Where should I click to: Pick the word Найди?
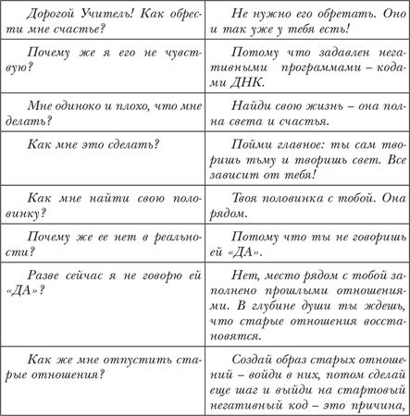pyautogui.click(x=244, y=105)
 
